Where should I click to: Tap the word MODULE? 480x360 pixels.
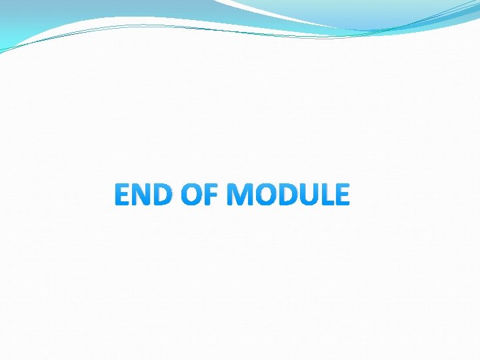tap(288, 195)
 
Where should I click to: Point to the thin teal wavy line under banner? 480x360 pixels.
tap(167, 27)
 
